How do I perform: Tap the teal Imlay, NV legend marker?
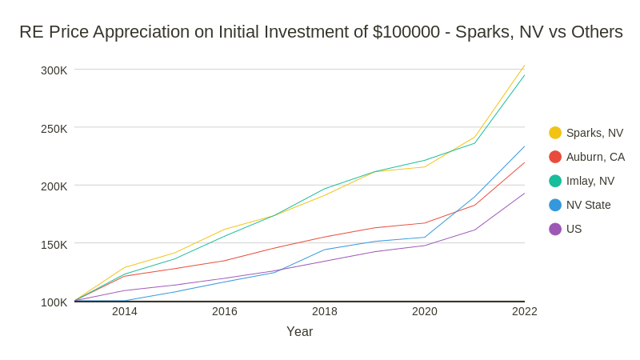pyautogui.click(x=555, y=181)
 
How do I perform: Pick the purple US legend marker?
pyautogui.click(x=555, y=229)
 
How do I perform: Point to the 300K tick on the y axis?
pyautogui.click(x=54, y=70)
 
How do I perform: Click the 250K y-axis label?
pyautogui.click(x=54, y=128)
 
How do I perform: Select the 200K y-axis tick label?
pyautogui.click(x=54, y=186)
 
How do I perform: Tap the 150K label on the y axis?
pyautogui.click(x=54, y=244)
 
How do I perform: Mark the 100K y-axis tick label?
pyautogui.click(x=54, y=302)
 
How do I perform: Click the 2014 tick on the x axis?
pyautogui.click(x=125, y=311)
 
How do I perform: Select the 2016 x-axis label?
pyautogui.click(x=225, y=311)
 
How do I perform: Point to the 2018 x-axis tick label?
pyautogui.click(x=325, y=311)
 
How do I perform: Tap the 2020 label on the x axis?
pyautogui.click(x=425, y=311)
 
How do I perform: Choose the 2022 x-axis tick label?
pyautogui.click(x=525, y=311)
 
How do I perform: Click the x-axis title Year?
pyautogui.click(x=300, y=331)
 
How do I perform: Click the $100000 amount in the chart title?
pyautogui.click(x=406, y=32)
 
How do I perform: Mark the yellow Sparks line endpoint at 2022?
pyautogui.click(x=525, y=66)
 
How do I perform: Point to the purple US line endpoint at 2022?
pyautogui.click(x=525, y=193)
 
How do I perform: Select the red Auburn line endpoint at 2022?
pyautogui.click(x=525, y=162)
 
